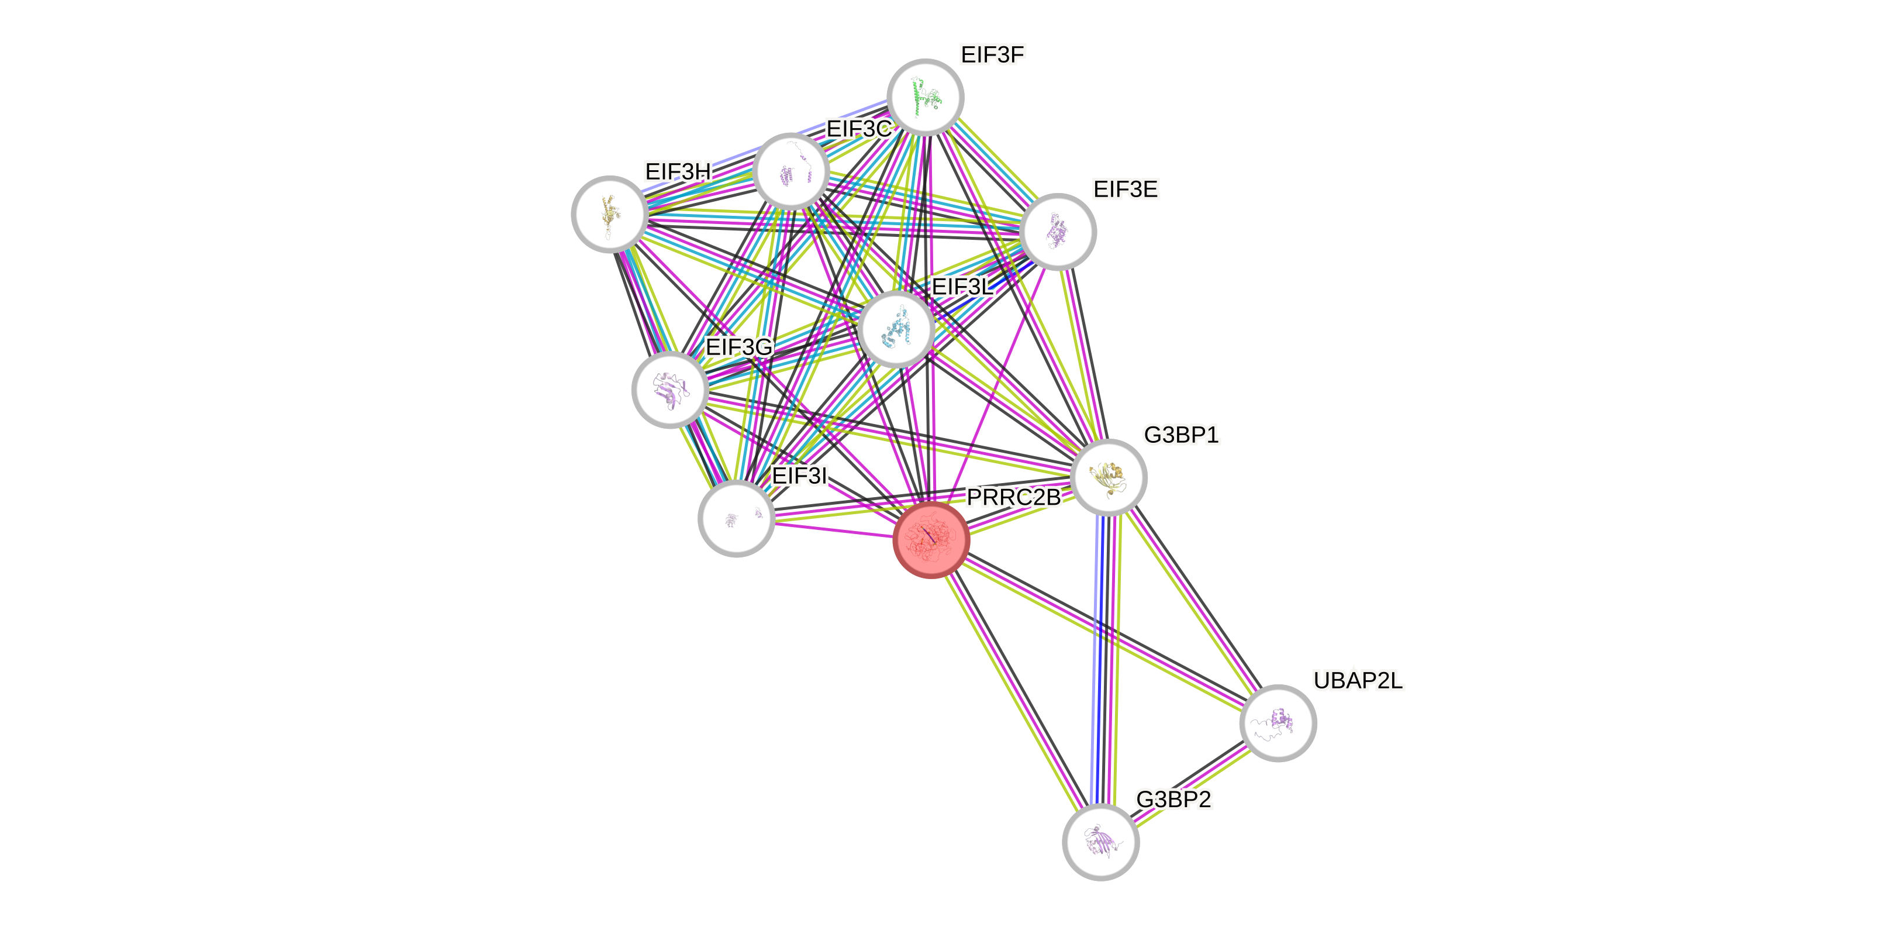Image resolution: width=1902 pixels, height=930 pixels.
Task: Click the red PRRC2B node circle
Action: (x=930, y=540)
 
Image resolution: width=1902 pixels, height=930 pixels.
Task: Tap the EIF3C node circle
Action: (x=791, y=171)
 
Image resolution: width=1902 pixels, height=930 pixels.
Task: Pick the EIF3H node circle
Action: (x=610, y=214)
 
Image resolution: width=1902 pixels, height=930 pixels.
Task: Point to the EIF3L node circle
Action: (x=896, y=329)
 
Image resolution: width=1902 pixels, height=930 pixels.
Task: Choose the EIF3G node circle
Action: (x=669, y=390)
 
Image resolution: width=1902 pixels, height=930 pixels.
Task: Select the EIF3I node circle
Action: (x=736, y=519)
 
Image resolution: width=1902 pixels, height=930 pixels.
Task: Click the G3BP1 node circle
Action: (x=1108, y=477)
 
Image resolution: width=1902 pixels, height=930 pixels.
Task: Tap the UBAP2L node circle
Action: (x=1278, y=722)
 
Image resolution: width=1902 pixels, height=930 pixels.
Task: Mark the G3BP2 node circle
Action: (x=1100, y=842)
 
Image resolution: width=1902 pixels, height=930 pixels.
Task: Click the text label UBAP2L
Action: (x=1358, y=680)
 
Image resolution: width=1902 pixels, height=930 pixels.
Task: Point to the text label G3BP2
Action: (x=1173, y=799)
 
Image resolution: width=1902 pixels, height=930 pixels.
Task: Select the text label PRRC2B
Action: (x=1013, y=498)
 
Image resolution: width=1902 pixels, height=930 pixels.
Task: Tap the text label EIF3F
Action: (x=992, y=54)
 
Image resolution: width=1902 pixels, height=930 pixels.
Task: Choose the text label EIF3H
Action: (x=677, y=171)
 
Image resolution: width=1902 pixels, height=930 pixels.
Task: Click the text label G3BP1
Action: (x=1180, y=435)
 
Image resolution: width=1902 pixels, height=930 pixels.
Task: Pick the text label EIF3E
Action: (x=1126, y=189)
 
